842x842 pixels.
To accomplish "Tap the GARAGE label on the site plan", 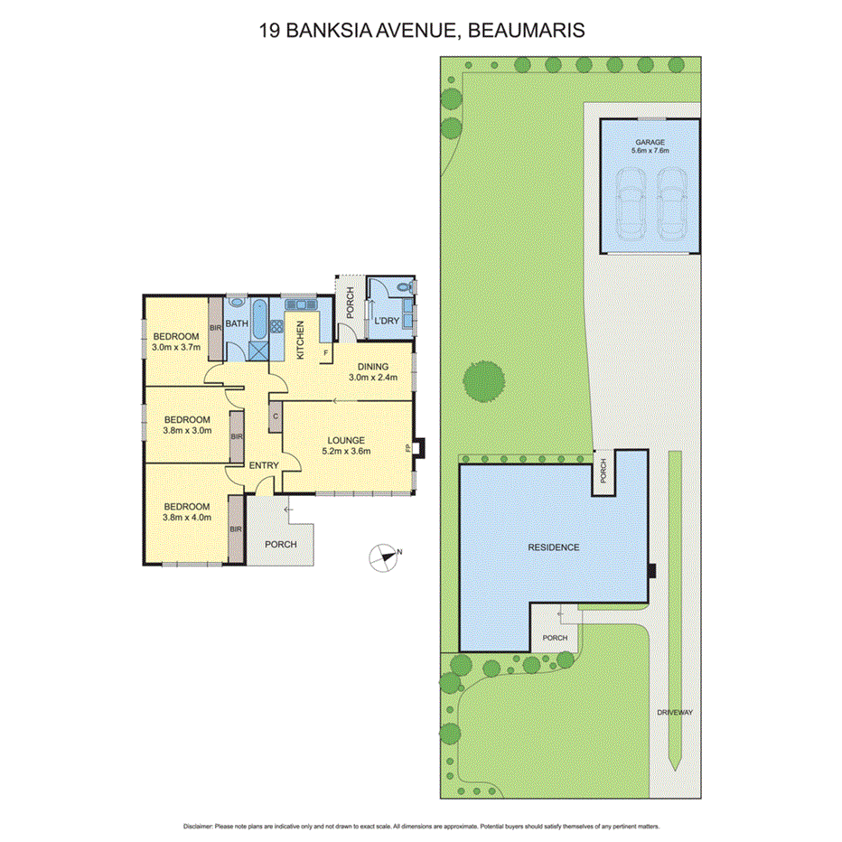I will [x=650, y=142].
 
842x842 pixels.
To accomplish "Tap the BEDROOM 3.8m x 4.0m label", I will [x=186, y=507].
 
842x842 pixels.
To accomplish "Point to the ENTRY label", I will [x=263, y=465].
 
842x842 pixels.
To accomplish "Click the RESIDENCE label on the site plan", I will [x=554, y=547].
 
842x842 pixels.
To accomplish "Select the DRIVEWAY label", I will [x=675, y=712].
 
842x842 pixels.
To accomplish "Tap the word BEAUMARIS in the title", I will [x=526, y=30].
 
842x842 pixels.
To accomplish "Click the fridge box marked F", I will [x=325, y=351].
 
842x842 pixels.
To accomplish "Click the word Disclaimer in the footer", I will [x=197, y=827].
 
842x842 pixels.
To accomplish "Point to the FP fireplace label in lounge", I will [x=408, y=447].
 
